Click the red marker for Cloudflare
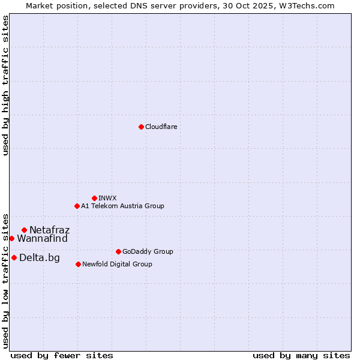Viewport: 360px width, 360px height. pyautogui.click(x=141, y=127)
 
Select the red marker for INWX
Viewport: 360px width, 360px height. pyautogui.click(x=94, y=198)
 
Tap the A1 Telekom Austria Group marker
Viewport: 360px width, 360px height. pyautogui.click(x=77, y=206)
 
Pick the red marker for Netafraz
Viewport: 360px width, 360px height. pyautogui.click(x=24, y=230)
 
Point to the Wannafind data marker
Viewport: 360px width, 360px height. pyautogui.click(x=11, y=238)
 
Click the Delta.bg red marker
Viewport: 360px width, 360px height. pyautogui.click(x=14, y=257)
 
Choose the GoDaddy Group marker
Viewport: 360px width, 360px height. pyautogui.click(x=118, y=251)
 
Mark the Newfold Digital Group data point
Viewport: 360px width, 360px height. pyautogui.click(x=78, y=264)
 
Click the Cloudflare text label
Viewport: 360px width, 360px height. pyautogui.click(x=161, y=127)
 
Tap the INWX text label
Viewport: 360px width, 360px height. pyautogui.click(x=107, y=198)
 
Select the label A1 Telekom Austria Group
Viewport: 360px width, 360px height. pyautogui.click(x=122, y=206)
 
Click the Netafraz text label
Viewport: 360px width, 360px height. pyautogui.click(x=49, y=230)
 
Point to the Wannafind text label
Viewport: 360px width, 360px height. pyautogui.click(x=42, y=238)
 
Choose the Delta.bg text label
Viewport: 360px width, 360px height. pyautogui.click(x=40, y=257)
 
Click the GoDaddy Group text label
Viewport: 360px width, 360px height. pyautogui.click(x=148, y=251)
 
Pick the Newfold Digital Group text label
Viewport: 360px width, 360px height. pyautogui.click(x=117, y=264)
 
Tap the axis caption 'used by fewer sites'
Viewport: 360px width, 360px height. pyautogui.click(x=62, y=355)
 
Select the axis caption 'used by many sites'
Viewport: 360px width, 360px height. pyautogui.click(x=301, y=355)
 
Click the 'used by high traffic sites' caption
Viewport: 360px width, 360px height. pyautogui.click(x=5, y=85)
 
